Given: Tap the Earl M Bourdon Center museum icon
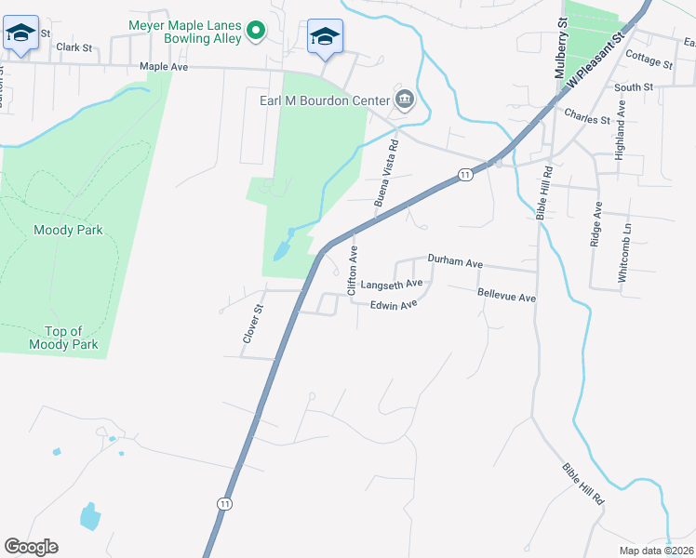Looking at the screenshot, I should [x=405, y=100].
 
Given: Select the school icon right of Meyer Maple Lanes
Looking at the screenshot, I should [x=325, y=36].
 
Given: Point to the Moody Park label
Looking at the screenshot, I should [x=67, y=230].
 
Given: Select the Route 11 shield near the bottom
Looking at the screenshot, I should [x=224, y=502].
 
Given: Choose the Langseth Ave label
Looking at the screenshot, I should [x=392, y=284].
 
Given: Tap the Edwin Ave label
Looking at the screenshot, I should [x=393, y=305].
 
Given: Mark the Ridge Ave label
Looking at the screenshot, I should [x=596, y=224].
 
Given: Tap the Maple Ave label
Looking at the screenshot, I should [x=164, y=67].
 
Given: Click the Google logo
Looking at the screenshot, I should [x=31, y=547].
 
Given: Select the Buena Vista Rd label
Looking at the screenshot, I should [x=386, y=173].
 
